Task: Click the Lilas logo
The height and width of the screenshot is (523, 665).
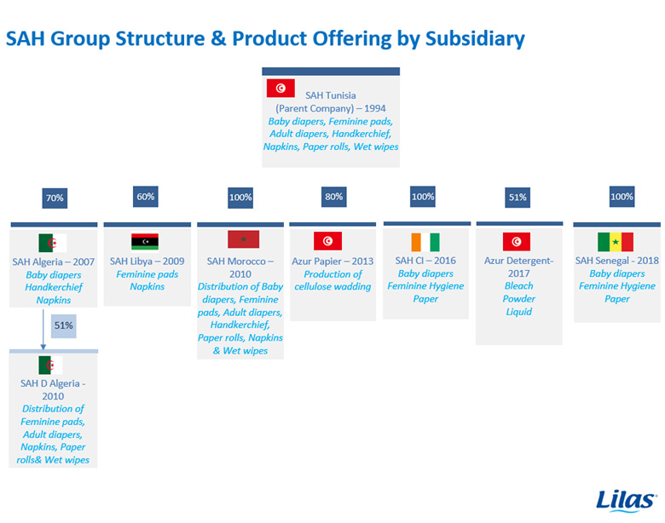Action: click(x=626, y=501)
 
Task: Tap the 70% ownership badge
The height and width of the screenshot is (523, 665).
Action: click(x=55, y=198)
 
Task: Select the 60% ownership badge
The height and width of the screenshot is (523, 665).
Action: click(x=146, y=197)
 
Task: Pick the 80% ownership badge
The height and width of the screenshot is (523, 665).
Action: click(x=333, y=197)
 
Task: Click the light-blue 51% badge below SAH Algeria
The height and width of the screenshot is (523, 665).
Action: click(x=64, y=325)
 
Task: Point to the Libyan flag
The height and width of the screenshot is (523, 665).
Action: click(x=145, y=242)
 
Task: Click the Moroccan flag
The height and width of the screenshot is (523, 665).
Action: click(x=244, y=239)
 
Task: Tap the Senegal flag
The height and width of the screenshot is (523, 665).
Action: click(x=616, y=242)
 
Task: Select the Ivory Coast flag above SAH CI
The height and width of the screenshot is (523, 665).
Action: click(x=425, y=242)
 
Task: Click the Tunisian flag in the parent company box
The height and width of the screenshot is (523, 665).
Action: click(x=280, y=88)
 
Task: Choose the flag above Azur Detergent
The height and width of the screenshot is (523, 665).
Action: click(x=516, y=242)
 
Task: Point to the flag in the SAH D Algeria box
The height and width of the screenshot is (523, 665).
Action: click(x=50, y=365)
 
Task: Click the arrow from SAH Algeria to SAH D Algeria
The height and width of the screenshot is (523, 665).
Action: click(x=43, y=330)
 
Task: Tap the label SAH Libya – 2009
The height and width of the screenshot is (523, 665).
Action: click(x=147, y=261)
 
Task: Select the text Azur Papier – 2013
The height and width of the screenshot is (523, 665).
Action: click(x=332, y=261)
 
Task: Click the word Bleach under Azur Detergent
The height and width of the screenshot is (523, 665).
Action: click(x=518, y=286)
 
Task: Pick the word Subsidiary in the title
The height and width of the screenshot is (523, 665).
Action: click(x=475, y=38)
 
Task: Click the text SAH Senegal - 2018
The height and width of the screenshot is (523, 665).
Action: click(x=617, y=261)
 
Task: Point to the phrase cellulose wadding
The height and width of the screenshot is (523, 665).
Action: click(x=332, y=287)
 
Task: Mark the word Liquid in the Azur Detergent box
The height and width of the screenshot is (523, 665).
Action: click(x=518, y=312)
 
